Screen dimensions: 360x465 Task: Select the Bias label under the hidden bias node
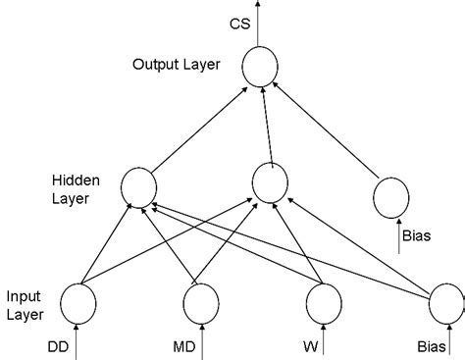pyautogui.click(x=418, y=235)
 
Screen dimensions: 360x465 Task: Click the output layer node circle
pyautogui.click(x=259, y=67)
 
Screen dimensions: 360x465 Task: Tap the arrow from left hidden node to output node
pyautogui.click(x=195, y=129)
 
